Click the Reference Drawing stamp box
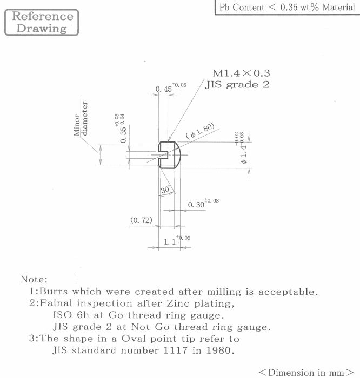42,23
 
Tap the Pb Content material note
287,7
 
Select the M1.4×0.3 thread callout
241,73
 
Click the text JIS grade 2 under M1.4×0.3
237,85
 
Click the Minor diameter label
81,118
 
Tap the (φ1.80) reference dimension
200,131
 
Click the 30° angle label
165,189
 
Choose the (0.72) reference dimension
142,220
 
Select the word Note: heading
34,279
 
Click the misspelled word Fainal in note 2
56,303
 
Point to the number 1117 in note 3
176,350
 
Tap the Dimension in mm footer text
306,372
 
